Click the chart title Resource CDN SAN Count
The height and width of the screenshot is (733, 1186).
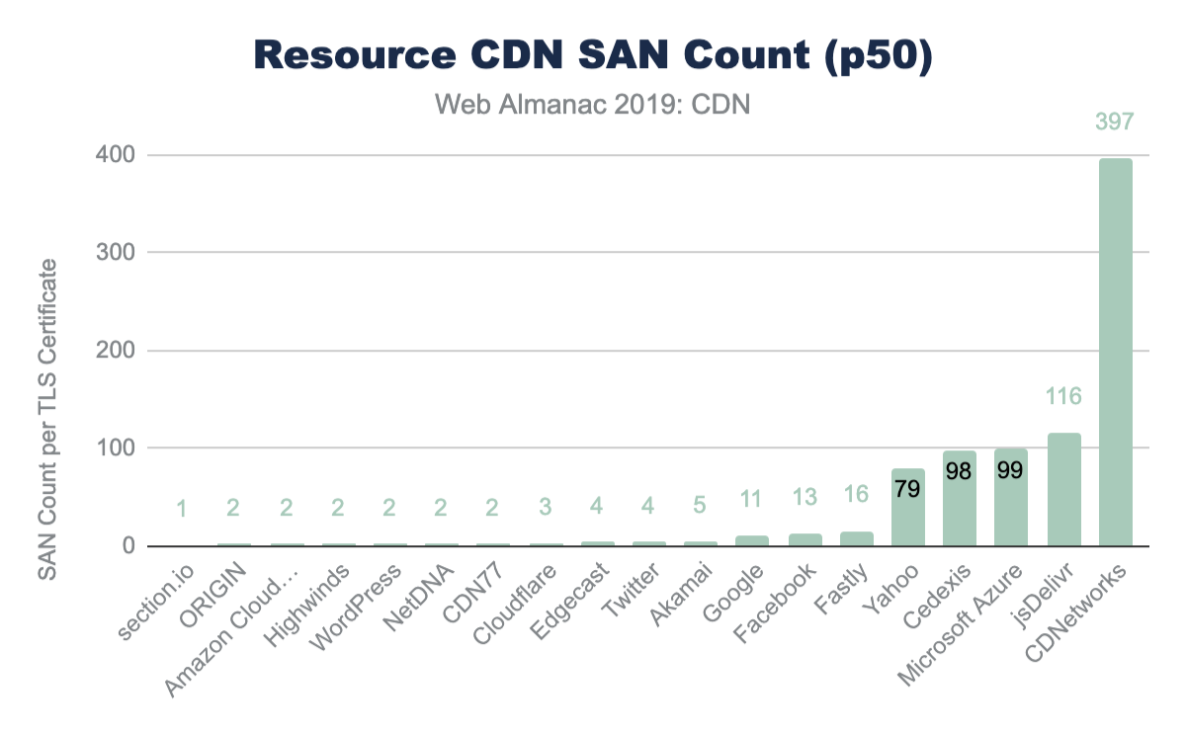593,56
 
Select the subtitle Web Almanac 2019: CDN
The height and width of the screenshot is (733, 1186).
593,104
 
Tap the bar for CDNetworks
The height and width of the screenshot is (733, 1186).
1116,352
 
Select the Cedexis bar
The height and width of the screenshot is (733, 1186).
960,498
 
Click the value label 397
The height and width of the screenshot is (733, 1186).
1115,122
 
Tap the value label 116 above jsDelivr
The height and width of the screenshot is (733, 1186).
1064,397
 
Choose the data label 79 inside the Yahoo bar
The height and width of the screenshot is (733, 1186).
908,488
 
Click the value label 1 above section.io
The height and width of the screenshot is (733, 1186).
182,509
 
